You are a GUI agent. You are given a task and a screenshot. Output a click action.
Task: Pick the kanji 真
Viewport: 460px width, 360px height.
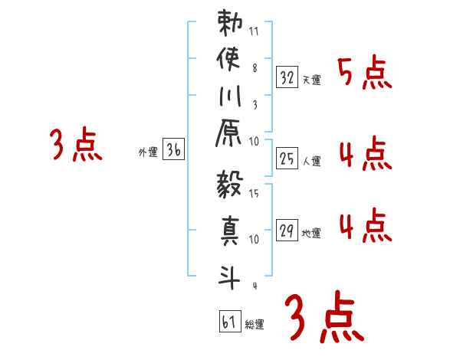(231, 231)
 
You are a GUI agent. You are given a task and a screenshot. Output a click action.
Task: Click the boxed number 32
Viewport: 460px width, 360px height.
(287, 77)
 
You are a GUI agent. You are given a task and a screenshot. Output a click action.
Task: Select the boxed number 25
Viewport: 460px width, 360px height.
(287, 159)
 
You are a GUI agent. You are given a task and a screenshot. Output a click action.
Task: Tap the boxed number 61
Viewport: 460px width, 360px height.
(228, 322)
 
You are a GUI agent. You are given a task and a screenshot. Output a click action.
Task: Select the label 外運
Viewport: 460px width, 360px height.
(147, 153)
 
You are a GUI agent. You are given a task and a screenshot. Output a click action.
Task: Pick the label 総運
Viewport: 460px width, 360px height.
(254, 325)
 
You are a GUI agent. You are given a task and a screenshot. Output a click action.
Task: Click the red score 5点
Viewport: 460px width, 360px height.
(364, 74)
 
